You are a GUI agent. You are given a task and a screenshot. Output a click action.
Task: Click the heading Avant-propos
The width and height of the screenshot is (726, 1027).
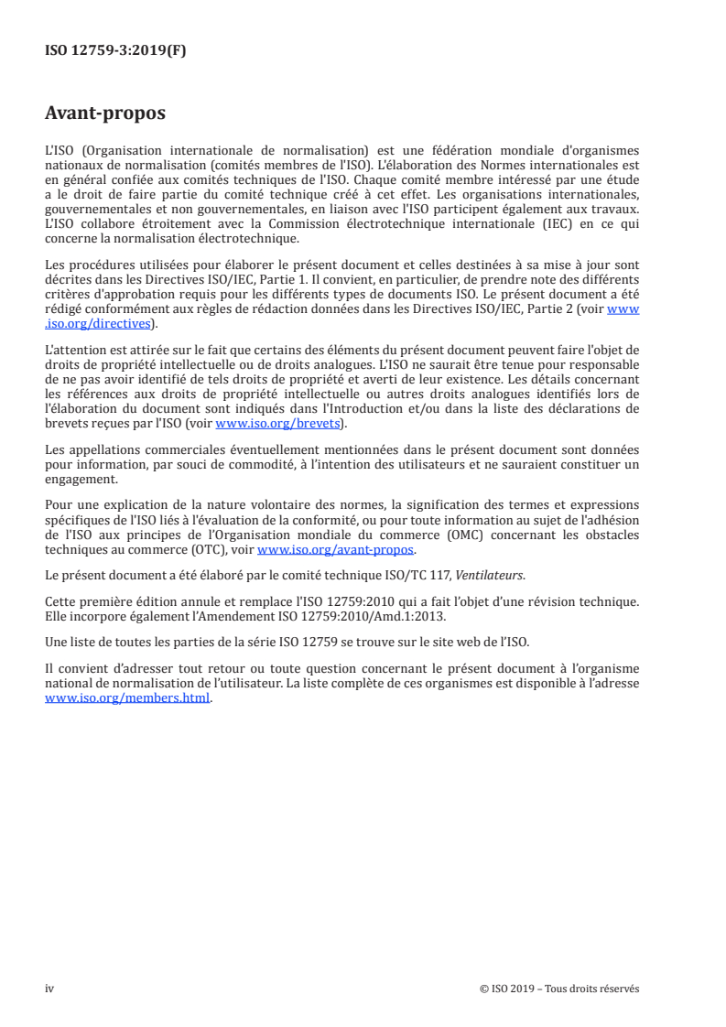click(105, 114)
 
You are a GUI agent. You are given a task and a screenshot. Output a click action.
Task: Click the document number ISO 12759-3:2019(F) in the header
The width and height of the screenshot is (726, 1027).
click(115, 51)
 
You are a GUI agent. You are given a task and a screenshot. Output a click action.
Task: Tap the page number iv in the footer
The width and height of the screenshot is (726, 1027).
click(49, 989)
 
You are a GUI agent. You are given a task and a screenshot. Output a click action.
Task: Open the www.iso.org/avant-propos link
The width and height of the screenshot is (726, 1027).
click(336, 550)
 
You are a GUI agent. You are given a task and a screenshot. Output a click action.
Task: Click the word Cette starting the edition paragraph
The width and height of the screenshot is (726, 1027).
click(60, 600)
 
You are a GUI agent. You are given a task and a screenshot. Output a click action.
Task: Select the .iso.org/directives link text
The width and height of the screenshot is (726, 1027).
click(101, 323)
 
